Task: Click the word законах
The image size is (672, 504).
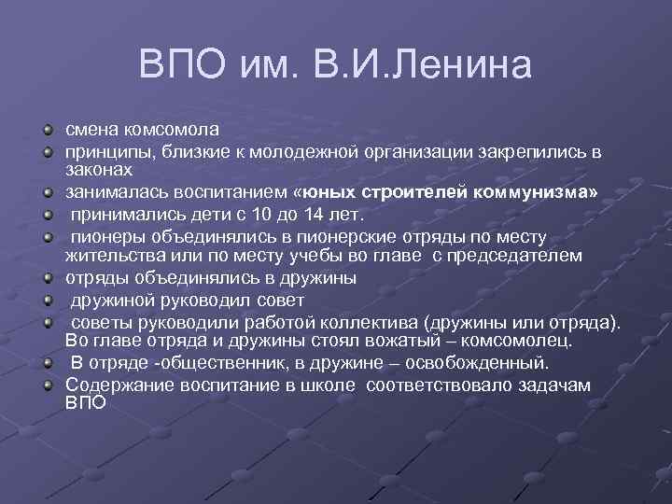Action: click(99, 170)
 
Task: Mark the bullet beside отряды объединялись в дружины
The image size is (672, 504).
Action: click(48, 278)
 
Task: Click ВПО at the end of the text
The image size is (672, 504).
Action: click(85, 404)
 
